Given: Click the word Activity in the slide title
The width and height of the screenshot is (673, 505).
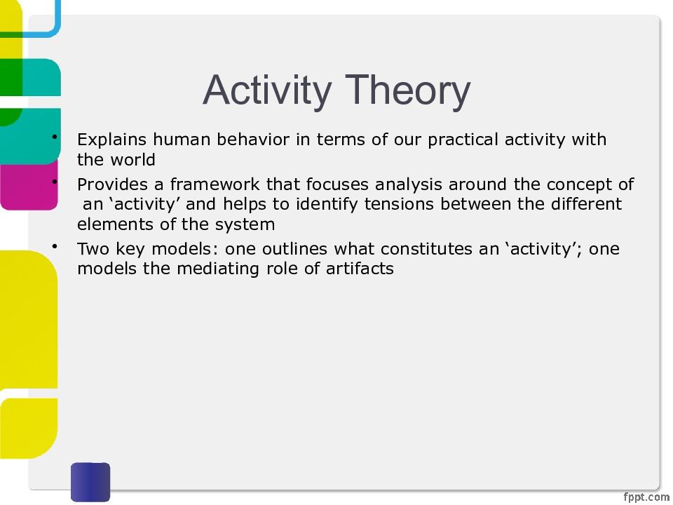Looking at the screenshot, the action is [x=267, y=91].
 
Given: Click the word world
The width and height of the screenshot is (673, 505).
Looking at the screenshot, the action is [x=132, y=160].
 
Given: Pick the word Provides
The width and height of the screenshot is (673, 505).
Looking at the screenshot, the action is [x=112, y=184].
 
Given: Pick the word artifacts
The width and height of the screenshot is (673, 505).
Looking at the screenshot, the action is [x=360, y=269].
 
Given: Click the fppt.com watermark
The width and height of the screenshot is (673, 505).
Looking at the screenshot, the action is [x=646, y=497].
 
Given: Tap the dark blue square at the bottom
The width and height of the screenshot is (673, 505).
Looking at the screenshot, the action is [x=90, y=482].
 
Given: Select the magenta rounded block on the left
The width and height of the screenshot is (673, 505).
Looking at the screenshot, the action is [x=29, y=184].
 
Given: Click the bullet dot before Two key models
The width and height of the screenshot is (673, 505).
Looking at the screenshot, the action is [x=55, y=246].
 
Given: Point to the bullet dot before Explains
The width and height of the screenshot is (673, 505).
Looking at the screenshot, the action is [x=55, y=137].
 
